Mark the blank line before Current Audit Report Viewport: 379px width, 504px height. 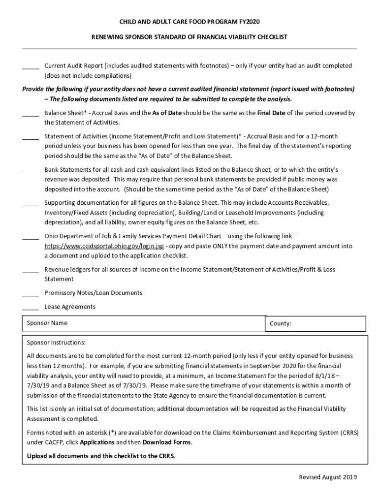[31, 66]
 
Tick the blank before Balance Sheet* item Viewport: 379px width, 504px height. [31, 113]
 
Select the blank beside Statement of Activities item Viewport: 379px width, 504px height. [31, 136]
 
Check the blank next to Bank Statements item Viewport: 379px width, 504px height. [31, 170]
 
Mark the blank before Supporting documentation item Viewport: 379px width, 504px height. [31, 203]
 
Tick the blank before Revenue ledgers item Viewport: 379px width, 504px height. [31, 270]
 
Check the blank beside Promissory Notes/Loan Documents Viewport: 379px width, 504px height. [31, 293]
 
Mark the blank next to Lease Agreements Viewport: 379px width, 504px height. [31, 307]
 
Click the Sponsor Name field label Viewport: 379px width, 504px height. [47, 323]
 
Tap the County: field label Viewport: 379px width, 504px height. [281, 324]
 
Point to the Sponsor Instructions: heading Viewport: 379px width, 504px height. [56, 343]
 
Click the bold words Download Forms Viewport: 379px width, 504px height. [167, 442]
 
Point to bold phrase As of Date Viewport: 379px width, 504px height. [167, 113]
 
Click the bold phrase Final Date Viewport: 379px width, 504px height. [270, 113]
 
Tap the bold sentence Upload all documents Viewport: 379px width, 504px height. [101, 456]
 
